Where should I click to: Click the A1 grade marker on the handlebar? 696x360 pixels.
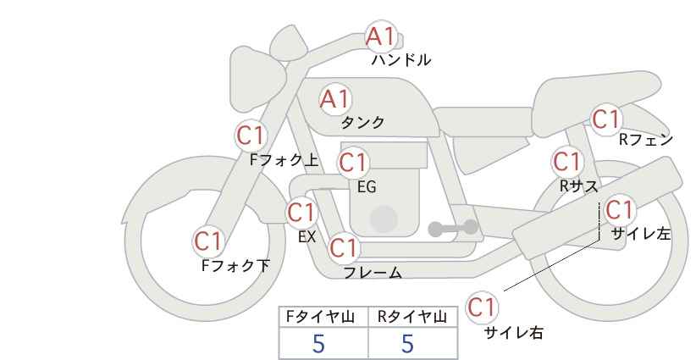click(380, 36)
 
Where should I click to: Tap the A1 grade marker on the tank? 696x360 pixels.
click(335, 99)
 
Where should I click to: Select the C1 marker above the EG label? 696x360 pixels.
click(353, 163)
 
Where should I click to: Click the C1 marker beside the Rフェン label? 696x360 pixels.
click(606, 119)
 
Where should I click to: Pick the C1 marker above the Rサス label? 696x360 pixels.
click(566, 162)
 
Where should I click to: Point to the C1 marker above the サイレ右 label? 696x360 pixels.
click(482, 307)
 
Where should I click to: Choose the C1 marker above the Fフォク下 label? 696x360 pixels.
click(208, 241)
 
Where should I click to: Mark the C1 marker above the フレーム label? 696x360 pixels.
click(344, 247)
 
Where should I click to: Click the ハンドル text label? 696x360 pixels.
click(401, 60)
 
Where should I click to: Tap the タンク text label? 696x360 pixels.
click(362, 122)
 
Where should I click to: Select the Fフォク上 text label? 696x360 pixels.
click(284, 160)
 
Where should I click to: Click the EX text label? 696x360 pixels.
click(307, 236)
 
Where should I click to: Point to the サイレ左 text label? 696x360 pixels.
click(641, 234)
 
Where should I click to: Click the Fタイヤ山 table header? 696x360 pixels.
click(320, 317)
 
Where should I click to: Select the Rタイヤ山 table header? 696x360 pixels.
click(412, 317)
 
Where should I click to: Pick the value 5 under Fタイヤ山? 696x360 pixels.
click(318, 344)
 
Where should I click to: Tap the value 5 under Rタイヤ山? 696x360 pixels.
click(407, 344)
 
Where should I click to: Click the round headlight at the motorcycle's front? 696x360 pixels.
click(256, 79)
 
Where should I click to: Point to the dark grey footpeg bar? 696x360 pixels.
click(453, 228)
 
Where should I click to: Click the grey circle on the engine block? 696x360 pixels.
click(384, 219)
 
